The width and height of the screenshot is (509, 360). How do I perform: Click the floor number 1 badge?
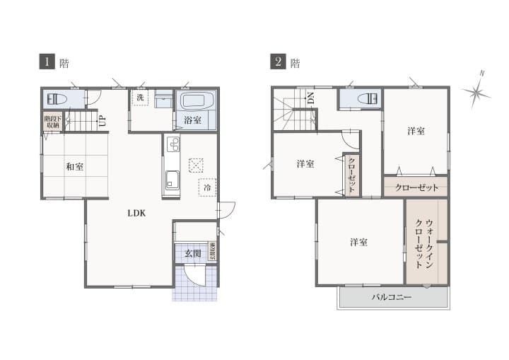[x=47, y=62]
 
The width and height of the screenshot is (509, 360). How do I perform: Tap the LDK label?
[x=136, y=211]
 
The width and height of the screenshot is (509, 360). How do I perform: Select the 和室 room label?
[x=75, y=166]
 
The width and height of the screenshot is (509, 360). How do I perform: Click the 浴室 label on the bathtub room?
[x=192, y=120]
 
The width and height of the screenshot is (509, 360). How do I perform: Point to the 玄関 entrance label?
[x=193, y=252]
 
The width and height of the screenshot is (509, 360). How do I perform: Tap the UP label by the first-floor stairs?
[x=103, y=120]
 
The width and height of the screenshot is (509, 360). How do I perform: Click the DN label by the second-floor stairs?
[x=310, y=99]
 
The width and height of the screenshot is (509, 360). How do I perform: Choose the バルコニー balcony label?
[x=392, y=298]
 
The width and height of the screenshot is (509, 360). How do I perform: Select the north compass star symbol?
[x=476, y=91]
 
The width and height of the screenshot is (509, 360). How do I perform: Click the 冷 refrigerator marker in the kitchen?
[x=207, y=188]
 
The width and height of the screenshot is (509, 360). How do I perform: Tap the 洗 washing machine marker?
[x=141, y=98]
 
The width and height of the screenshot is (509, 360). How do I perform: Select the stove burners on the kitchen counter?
[x=172, y=144]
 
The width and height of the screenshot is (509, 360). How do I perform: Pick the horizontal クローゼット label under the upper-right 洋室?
[x=416, y=187]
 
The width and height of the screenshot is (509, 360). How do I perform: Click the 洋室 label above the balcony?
[x=358, y=243]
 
